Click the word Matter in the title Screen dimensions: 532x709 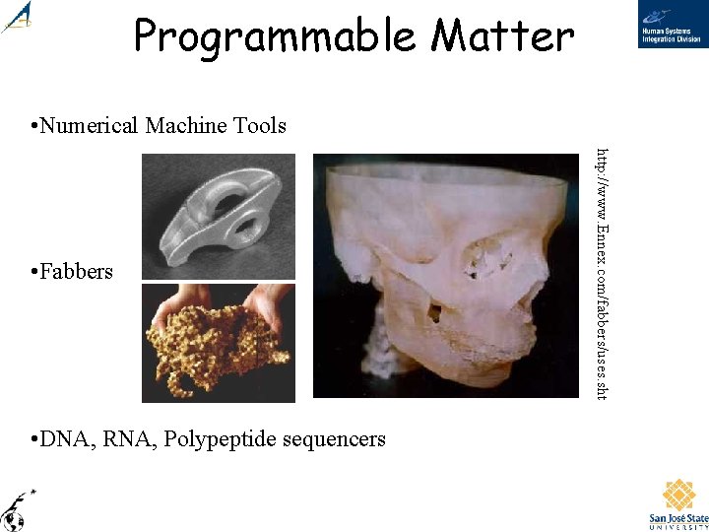502,37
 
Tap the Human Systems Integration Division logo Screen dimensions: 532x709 672,27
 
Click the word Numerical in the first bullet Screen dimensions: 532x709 92,125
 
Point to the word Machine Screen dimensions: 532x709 186,125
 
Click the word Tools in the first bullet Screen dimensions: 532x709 259,125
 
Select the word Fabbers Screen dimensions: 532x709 77,271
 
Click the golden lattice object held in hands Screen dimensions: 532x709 212,350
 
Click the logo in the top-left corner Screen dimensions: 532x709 17,18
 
